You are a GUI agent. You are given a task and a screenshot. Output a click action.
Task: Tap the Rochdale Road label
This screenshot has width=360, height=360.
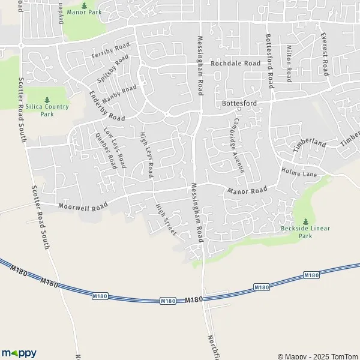pos(235,63)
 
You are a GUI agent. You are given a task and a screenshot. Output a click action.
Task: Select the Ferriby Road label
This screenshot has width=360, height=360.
pos(111,52)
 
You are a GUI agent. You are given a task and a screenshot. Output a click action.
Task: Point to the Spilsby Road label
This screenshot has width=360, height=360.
pos(113,68)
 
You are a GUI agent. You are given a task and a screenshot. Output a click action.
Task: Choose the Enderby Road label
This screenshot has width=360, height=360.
pos(106,106)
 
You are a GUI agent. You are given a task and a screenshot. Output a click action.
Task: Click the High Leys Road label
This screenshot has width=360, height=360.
pos(147,155)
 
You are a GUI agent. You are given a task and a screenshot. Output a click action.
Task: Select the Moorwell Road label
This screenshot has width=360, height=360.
pos(83,206)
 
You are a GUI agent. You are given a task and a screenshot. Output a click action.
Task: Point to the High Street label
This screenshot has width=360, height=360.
pos(165,220)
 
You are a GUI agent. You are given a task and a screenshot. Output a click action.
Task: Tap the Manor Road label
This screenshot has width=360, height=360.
pos(247,191)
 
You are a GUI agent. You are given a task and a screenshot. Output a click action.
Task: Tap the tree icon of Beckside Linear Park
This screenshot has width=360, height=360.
pos(305,221)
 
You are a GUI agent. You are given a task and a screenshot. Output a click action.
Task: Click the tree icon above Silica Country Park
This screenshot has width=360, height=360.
pos(47,100)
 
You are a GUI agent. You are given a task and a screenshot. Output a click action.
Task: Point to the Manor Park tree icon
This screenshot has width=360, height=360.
pos(83,4)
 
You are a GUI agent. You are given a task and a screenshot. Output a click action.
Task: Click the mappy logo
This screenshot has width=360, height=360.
pos(19,353)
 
